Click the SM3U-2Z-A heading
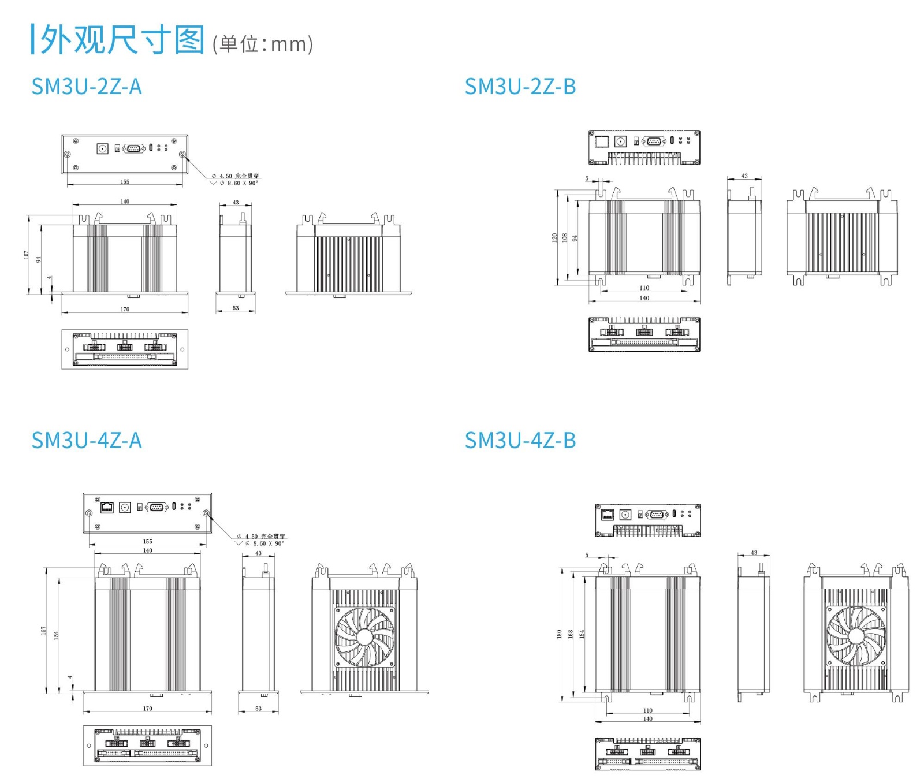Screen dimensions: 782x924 coord(86,87)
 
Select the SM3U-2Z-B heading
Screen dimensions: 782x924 coord(520,87)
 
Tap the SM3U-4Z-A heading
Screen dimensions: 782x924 coord(86,441)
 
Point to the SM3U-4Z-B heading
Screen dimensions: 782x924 coord(520,441)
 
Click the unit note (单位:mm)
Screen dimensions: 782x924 coord(263,44)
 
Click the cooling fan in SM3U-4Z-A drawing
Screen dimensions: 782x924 coord(364,636)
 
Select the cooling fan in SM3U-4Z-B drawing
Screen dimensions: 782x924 coord(856,635)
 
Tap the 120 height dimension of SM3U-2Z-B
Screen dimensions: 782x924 coord(555,237)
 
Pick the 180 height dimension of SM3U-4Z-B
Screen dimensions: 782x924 coord(559,634)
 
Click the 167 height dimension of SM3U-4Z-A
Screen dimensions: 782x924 coord(44,631)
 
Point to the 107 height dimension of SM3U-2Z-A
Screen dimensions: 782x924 coord(26,255)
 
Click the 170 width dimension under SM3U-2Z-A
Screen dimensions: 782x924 coord(125,310)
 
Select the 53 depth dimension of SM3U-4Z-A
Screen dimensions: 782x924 coord(258,709)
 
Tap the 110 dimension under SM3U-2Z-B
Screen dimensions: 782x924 coord(644,288)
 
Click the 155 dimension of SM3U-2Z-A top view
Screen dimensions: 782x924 coord(125,182)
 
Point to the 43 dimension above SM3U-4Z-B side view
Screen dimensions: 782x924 coord(754,553)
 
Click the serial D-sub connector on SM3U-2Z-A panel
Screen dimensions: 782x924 coord(133,148)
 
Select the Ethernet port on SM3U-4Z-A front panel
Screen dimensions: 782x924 coord(107,507)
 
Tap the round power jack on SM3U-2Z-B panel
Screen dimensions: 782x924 coord(620,141)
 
